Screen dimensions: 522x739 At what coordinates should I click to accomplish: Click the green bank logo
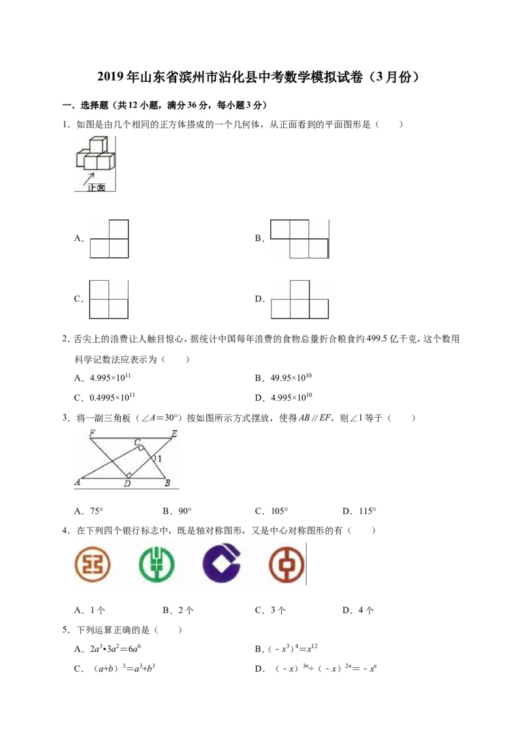[157, 564]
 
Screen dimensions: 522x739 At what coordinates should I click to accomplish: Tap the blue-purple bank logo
[221, 563]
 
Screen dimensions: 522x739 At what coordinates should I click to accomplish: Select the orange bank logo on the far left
[93, 564]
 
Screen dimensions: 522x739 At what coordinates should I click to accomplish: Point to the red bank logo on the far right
[286, 564]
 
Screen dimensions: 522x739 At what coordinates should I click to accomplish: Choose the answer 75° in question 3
[97, 511]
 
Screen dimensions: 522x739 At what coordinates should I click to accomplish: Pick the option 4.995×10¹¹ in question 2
[110, 377]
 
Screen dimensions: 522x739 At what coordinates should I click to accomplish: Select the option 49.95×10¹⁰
[291, 377]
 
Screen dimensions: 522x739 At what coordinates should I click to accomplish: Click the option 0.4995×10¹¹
[112, 398]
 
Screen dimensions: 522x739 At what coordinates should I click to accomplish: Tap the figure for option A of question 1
[110, 239]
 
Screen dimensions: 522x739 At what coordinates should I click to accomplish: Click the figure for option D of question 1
[299, 300]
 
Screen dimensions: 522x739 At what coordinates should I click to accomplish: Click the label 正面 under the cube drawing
[96, 187]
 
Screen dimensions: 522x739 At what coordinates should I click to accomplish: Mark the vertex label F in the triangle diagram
[92, 433]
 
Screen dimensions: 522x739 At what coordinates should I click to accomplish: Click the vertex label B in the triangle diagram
[167, 482]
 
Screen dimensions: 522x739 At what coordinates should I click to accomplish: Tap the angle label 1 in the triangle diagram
[160, 458]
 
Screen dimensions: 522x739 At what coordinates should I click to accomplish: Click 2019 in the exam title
[111, 77]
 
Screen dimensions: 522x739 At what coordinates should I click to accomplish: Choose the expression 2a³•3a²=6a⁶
[115, 649]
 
